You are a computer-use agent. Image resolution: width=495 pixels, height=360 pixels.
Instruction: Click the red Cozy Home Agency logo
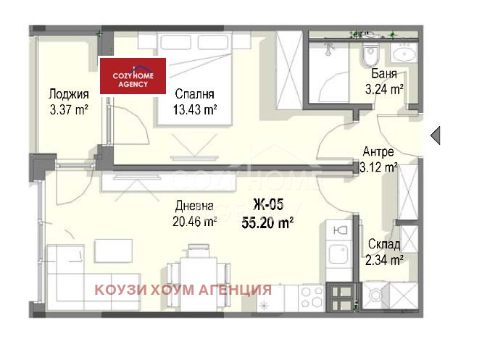(x=133, y=75)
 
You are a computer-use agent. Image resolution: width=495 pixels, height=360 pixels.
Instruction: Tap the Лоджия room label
(x=69, y=94)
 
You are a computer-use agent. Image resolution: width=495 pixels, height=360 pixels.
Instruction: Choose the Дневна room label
(x=194, y=206)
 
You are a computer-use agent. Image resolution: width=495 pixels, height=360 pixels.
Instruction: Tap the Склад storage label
(x=383, y=243)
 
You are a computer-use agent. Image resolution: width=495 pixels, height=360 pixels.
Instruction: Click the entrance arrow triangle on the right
(x=435, y=135)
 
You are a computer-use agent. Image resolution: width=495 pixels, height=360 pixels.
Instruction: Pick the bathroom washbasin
(x=402, y=52)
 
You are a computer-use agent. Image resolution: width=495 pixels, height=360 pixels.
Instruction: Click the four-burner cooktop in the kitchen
(x=312, y=296)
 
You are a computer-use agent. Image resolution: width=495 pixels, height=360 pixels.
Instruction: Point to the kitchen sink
(x=338, y=254)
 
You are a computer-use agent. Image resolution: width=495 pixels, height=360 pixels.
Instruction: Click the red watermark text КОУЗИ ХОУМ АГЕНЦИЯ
(x=183, y=290)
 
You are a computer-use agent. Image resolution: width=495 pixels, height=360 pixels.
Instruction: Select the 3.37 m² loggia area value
(x=69, y=109)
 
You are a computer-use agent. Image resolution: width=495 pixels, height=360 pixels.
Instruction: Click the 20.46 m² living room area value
(x=194, y=222)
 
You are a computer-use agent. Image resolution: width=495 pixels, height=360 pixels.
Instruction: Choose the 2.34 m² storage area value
(x=383, y=259)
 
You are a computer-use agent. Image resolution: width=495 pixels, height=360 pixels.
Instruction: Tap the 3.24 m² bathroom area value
(x=383, y=90)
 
